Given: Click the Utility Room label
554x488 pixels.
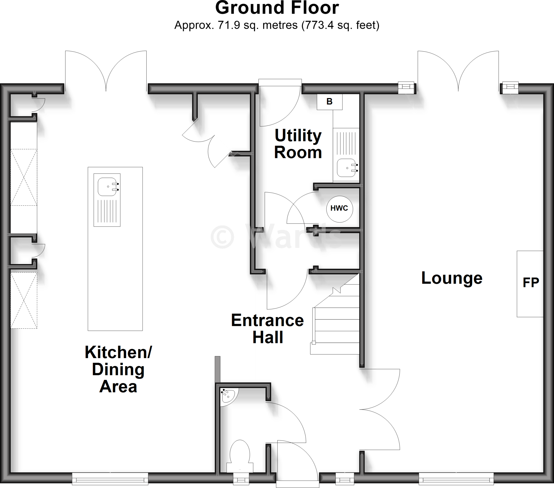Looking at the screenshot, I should (x=298, y=144).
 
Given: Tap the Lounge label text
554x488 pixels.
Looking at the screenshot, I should (x=452, y=278).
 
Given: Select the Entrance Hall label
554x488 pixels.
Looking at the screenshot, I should (x=268, y=329).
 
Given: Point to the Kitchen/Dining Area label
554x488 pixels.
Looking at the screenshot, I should (x=118, y=369).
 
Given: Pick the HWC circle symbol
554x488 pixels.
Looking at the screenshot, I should (x=339, y=209).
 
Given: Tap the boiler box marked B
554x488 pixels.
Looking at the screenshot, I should (x=329, y=102).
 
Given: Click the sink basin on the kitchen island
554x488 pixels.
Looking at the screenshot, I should (x=107, y=187).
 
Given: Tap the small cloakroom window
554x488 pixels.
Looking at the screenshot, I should (x=241, y=480).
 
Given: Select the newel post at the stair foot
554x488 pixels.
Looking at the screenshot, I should (x=314, y=343).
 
